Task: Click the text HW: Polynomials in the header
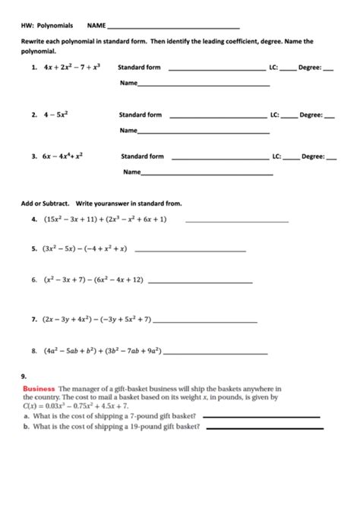[x=48, y=26]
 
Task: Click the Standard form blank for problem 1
[x=216, y=70]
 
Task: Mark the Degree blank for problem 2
[x=330, y=118]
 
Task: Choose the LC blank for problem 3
[x=292, y=159]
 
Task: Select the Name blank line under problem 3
[x=207, y=175]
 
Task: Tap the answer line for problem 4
[x=237, y=221]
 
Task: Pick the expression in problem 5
[x=84, y=248]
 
